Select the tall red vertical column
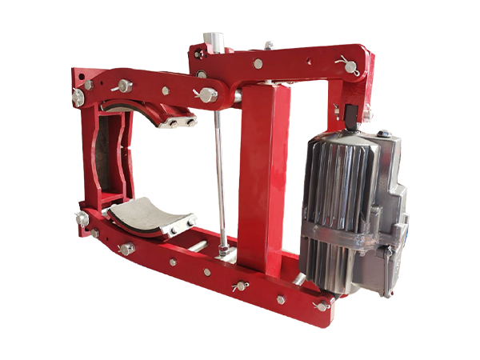pyautogui.click(x=258, y=176)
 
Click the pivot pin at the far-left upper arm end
pyautogui.click(x=79, y=95)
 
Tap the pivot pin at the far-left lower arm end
pyautogui.click(x=81, y=217)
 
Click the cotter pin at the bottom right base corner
pyautogui.click(x=322, y=305)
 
